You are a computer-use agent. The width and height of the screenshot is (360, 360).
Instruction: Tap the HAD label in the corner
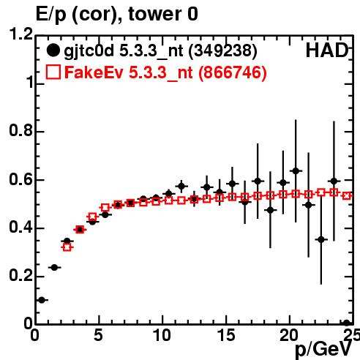click(327, 50)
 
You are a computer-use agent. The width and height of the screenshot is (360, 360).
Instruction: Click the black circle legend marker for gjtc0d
click(53, 50)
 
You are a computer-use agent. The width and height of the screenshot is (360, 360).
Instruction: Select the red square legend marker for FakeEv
click(53, 72)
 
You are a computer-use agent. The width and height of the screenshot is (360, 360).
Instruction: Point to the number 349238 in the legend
click(223, 50)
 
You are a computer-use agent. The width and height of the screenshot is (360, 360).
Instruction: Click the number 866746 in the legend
click(233, 72)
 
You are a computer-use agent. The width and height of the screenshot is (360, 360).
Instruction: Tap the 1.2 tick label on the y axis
click(20, 34)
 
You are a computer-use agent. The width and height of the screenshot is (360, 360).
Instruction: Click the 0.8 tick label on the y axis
click(20, 130)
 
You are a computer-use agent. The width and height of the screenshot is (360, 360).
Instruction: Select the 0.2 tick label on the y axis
click(20, 275)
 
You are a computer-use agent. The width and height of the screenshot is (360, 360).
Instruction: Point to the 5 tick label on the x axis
click(98, 335)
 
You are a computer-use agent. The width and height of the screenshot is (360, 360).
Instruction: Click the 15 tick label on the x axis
click(227, 335)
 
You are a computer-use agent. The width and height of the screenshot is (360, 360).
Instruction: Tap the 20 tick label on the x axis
click(289, 335)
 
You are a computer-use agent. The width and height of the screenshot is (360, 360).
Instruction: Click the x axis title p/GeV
click(323, 350)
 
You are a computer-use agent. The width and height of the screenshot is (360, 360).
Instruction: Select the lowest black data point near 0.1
click(42, 300)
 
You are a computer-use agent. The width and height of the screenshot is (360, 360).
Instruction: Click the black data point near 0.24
click(54, 267)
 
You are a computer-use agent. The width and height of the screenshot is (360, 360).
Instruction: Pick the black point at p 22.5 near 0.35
click(321, 239)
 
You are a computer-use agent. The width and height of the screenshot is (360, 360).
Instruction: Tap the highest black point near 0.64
click(296, 170)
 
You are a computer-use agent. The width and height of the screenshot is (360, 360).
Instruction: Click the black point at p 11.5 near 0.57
click(181, 187)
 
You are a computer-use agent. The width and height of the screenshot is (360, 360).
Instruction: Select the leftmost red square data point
click(67, 247)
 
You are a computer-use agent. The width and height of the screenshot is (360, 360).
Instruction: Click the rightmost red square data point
click(347, 195)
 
